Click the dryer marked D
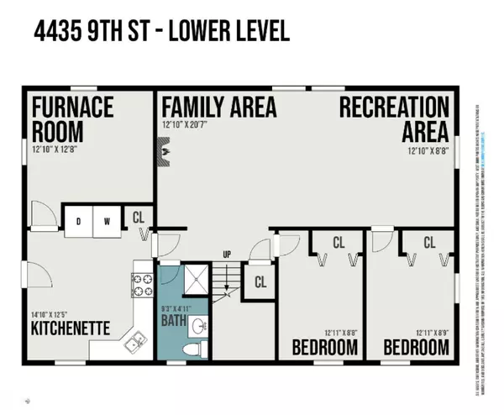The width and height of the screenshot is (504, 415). tap(79, 221)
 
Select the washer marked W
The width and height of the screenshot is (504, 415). tap(108, 221)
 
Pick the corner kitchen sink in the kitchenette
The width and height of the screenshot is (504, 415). tap(133, 341)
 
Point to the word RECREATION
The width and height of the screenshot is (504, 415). tap(395, 108)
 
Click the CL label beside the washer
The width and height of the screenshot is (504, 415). tap(139, 217)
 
